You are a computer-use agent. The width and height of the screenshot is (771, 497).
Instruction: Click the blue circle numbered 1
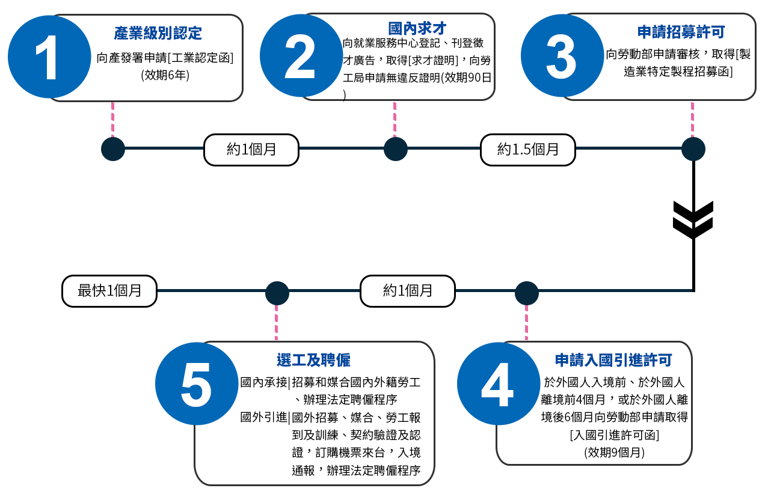tap(49, 57)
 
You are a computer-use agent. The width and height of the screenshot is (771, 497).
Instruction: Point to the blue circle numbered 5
tap(197, 384)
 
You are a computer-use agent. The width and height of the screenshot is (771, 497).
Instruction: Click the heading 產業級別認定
tap(158, 32)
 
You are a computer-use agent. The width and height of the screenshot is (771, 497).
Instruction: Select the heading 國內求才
tap(417, 28)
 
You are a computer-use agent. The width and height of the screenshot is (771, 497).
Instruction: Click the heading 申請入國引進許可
tap(613, 360)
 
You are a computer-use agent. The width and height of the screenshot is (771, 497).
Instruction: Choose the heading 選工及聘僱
tap(313, 360)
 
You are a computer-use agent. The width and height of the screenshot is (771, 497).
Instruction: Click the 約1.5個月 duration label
tap(527, 150)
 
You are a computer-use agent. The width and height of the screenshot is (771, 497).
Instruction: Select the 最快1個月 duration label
tap(109, 291)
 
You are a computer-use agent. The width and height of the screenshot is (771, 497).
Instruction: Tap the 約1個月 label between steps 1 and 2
tap(251, 150)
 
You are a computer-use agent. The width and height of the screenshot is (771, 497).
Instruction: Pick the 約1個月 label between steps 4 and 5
tap(408, 291)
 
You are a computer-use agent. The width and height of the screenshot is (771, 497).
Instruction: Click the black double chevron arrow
tap(693, 219)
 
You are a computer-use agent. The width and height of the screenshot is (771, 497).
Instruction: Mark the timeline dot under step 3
tap(693, 149)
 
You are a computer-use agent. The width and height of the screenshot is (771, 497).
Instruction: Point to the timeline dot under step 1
tap(112, 149)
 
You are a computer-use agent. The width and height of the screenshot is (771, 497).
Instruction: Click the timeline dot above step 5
tap(277, 293)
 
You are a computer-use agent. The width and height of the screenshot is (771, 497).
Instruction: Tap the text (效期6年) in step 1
tap(165, 76)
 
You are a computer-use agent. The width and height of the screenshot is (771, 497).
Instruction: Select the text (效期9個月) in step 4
tap(613, 453)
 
